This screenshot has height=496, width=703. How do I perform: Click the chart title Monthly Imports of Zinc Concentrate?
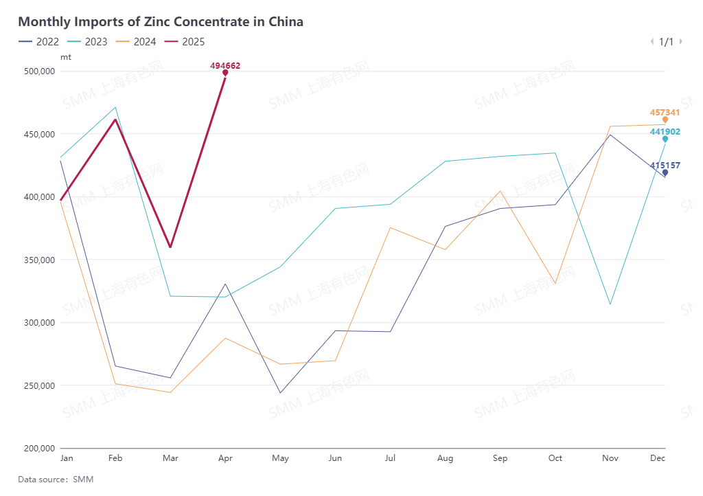point(161,21)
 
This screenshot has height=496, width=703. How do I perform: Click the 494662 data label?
point(225,66)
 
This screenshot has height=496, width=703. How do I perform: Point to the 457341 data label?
point(665,112)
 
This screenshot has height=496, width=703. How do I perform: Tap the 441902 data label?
point(665,132)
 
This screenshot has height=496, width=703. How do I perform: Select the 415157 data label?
point(665,166)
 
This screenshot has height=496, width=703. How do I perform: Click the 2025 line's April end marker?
point(225,73)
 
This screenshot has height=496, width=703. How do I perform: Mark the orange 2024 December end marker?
point(665,120)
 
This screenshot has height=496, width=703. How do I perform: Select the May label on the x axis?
point(280,458)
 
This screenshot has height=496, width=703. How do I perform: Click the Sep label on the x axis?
point(500,458)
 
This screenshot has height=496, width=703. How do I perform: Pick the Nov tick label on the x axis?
point(610,458)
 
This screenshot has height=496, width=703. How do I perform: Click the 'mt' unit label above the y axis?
point(65,57)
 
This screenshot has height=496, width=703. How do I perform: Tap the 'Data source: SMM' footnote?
point(56,480)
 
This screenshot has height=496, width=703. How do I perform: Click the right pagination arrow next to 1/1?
point(680,42)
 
